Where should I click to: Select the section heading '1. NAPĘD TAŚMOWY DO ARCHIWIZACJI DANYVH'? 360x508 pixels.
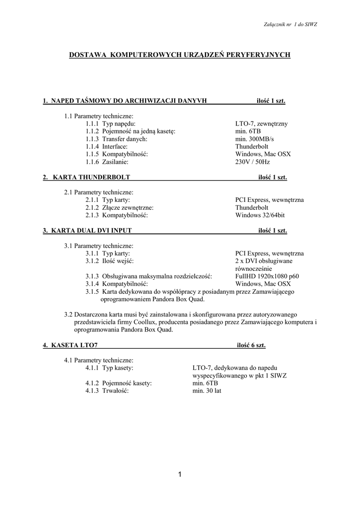point(125,101)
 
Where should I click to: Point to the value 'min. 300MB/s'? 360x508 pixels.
point(254,139)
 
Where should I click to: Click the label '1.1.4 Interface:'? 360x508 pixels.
point(106,146)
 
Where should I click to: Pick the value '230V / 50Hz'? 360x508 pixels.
point(253,162)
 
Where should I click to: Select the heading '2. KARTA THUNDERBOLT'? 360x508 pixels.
point(86,177)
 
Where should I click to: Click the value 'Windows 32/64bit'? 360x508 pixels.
point(260,215)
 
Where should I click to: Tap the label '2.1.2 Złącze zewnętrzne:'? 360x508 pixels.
point(119,207)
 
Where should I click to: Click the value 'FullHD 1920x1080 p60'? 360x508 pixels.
point(267,276)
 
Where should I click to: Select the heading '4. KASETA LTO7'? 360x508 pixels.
point(70,345)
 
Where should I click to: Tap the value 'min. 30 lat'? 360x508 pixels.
point(207,391)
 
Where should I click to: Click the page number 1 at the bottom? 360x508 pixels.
point(180,475)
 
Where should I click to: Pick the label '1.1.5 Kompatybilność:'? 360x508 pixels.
point(117,154)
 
